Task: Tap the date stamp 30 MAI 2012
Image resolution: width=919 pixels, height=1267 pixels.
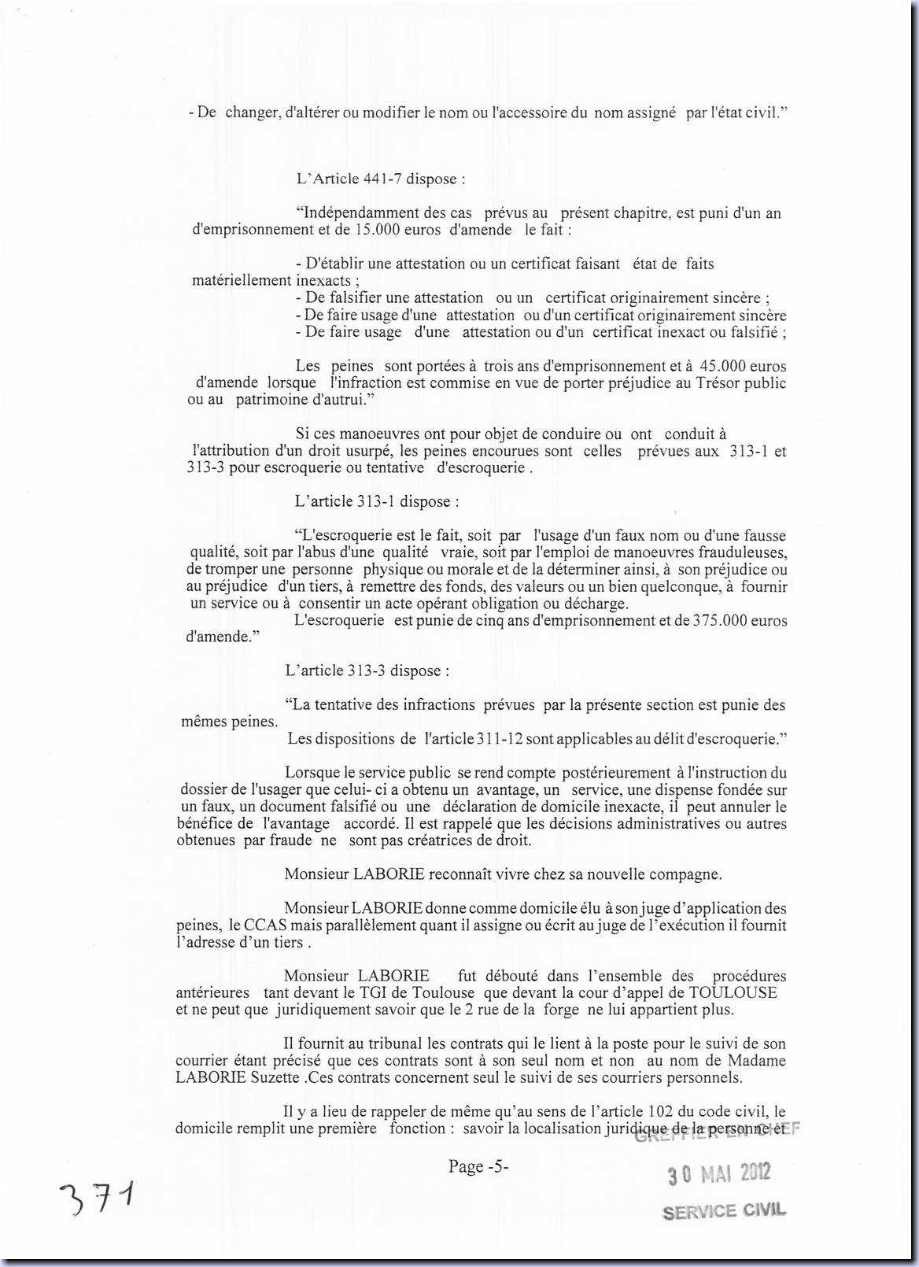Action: [719, 1175]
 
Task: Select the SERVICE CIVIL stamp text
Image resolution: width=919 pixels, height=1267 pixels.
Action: [724, 1211]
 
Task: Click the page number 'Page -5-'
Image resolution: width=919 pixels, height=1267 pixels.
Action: [478, 1166]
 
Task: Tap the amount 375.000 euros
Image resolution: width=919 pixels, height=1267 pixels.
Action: [740, 620]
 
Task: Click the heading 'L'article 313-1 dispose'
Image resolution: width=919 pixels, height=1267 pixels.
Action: [377, 501]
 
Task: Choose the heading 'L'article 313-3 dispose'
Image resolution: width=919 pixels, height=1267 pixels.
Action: [367, 670]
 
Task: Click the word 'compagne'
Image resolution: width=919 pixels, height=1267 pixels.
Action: [688, 874]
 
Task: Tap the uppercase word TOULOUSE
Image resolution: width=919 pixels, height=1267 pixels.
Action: [733, 992]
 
